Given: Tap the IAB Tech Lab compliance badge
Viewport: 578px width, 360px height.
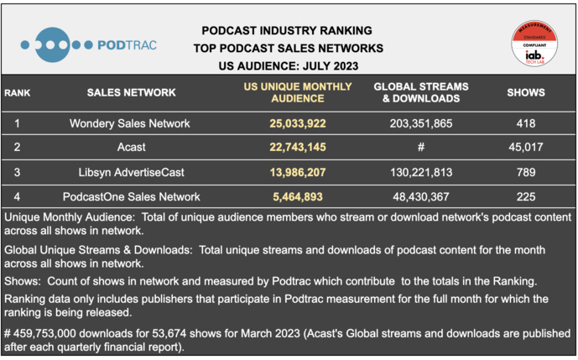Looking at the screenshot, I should coord(534,44).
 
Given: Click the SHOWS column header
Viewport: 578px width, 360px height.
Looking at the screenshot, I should coord(526,92).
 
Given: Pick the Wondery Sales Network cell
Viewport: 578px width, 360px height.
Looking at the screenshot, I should coord(130,123).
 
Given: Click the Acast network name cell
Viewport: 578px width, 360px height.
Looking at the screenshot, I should coord(130,148).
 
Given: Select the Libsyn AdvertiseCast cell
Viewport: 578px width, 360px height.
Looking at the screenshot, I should coord(130,172).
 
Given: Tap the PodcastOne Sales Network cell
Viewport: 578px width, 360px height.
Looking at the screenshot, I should coord(130,196).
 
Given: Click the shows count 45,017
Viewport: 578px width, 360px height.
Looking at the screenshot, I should coord(526,148).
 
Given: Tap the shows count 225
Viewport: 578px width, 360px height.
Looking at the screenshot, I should coord(526,196).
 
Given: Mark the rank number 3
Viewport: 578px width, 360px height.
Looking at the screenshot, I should coord(18,172).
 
